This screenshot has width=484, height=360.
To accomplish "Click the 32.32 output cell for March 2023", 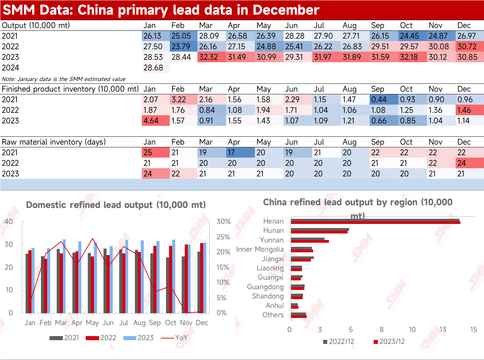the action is pyautogui.click(x=211, y=57).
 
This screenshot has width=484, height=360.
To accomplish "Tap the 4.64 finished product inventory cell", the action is pyautogui.click(x=156, y=121).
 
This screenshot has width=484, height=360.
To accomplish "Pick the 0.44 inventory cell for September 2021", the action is pyautogui.click(x=384, y=99).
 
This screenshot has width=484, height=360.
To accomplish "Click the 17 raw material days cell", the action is pyautogui.click(x=240, y=152).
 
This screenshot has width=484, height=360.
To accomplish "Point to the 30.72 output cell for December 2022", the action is pyautogui.click(x=470, y=46).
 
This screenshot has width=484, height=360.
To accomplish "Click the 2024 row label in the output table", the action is pyautogui.click(x=11, y=68).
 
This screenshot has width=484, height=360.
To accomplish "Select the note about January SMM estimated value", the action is pyautogui.click(x=64, y=79).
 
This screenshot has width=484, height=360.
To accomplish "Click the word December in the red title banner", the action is pyautogui.click(x=286, y=10).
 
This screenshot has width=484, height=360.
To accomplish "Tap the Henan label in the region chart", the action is pyautogui.click(x=273, y=221).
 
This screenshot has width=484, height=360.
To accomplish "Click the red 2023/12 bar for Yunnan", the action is pyautogui.click(x=310, y=241).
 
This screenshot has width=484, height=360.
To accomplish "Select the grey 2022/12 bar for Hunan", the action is pyautogui.click(x=320, y=229).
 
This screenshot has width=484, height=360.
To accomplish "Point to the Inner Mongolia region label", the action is pyautogui.click(x=260, y=249).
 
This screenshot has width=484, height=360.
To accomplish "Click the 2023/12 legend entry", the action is pyautogui.click(x=389, y=342).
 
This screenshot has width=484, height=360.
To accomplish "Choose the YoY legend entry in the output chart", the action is pyautogui.click(x=174, y=338).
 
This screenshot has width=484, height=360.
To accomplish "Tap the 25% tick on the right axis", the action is pyautogui.click(x=223, y=237).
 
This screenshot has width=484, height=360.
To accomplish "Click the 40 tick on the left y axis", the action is pyautogui.click(x=9, y=222).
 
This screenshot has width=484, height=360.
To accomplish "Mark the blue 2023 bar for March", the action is pyautogui.click(x=64, y=276).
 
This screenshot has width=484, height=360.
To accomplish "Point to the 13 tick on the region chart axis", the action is pyautogui.click(x=443, y=330).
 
